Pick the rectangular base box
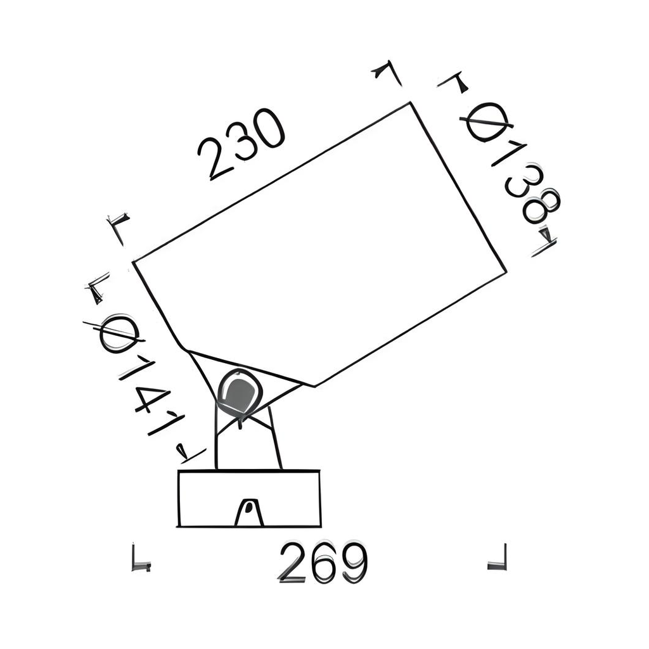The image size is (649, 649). pyautogui.click(x=249, y=498)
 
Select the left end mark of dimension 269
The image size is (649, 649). pyautogui.click(x=140, y=559)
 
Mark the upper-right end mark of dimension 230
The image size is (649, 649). pyautogui.click(x=387, y=71)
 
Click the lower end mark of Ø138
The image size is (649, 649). pyautogui.click(x=544, y=243)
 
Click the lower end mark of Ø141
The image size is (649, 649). pyautogui.click(x=188, y=453)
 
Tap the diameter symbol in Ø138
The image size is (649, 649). pyautogui.click(x=488, y=122)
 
